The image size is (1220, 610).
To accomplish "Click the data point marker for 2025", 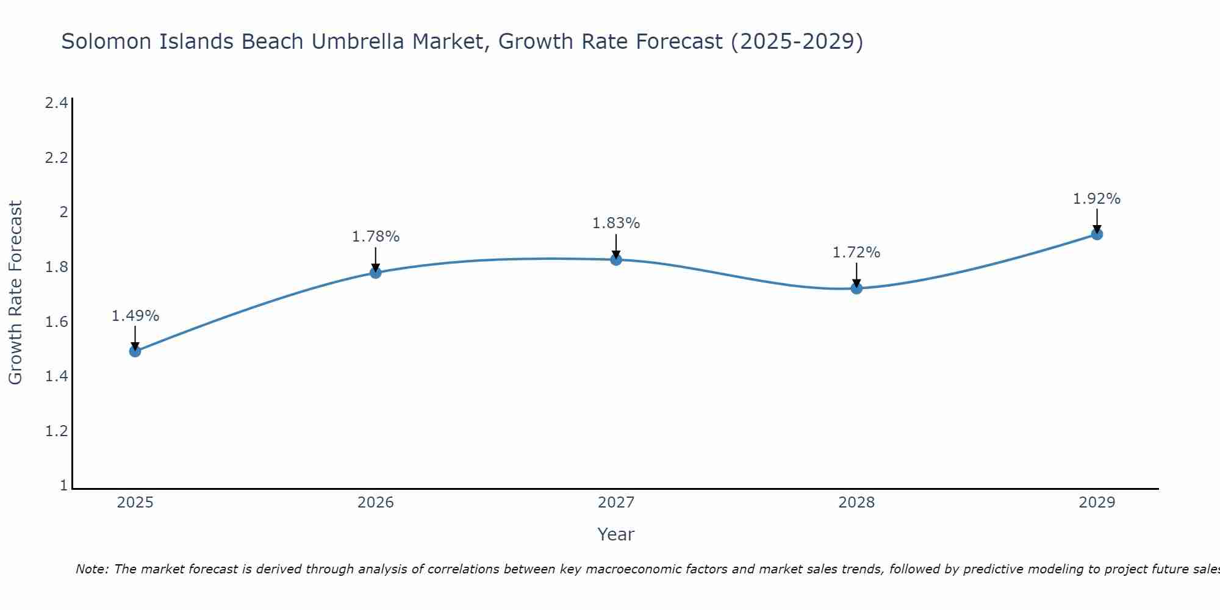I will (x=135, y=351).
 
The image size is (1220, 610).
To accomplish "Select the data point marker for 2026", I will (x=376, y=273).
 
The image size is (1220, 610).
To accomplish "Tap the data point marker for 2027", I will (x=616, y=260).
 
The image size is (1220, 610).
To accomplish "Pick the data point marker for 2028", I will (x=856, y=289).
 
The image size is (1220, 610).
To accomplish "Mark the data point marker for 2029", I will (x=1097, y=234).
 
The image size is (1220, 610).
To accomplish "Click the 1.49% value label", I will (x=135, y=316).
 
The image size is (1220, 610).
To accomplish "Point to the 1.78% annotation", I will (x=376, y=237).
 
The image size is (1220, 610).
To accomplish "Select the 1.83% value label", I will (x=616, y=223).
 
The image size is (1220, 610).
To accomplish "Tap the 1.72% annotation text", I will (x=856, y=253).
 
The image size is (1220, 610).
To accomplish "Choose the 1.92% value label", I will (x=1097, y=199).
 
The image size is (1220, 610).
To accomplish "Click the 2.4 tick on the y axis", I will (x=56, y=103).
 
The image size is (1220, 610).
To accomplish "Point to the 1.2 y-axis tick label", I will (x=56, y=431).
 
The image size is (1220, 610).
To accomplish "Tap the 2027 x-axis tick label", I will (x=616, y=503).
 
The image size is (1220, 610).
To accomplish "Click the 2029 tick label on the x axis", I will (x=1097, y=503).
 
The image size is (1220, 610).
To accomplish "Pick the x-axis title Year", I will (x=616, y=534).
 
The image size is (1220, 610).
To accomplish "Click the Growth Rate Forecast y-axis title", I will (x=16, y=292).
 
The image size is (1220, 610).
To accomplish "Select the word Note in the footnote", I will (x=91, y=569).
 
